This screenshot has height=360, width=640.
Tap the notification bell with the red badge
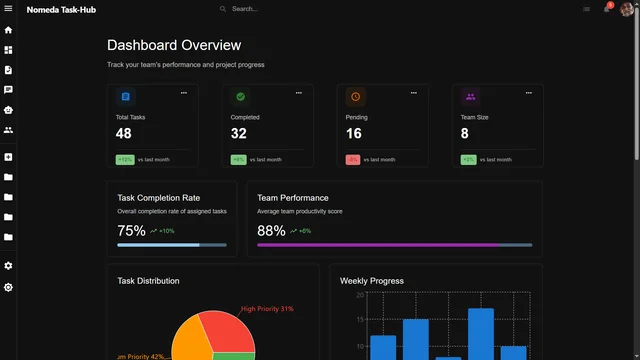pyautogui.click(x=606, y=9)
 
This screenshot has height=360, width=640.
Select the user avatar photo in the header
pyautogui.click(x=627, y=9)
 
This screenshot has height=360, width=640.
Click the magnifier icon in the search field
pyautogui.click(x=223, y=9)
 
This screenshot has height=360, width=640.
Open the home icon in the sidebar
pyautogui.click(x=8, y=30)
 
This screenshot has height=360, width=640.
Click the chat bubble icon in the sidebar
pyautogui.click(x=8, y=90)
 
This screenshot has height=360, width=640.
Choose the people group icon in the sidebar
pyautogui.click(x=8, y=130)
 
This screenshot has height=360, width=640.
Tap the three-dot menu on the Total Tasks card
pyautogui.click(x=183, y=93)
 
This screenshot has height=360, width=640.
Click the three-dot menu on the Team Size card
pyautogui.click(x=528, y=93)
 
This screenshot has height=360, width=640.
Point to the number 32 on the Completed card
pyautogui.click(x=239, y=133)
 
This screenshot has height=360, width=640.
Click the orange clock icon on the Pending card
pyautogui.click(x=355, y=97)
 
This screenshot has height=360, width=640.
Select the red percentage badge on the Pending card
pyautogui.click(x=353, y=160)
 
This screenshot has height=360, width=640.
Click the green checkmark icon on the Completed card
pyautogui.click(x=240, y=97)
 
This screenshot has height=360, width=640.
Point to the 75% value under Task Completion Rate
pyautogui.click(x=131, y=230)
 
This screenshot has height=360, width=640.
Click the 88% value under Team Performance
pyautogui.click(x=271, y=230)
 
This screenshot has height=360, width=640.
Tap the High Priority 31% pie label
pyautogui.click(x=267, y=309)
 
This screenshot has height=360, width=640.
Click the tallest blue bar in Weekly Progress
pyautogui.click(x=481, y=334)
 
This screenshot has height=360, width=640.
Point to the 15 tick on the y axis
pyautogui.click(x=359, y=320)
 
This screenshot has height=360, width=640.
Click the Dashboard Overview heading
pyautogui.click(x=174, y=46)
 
